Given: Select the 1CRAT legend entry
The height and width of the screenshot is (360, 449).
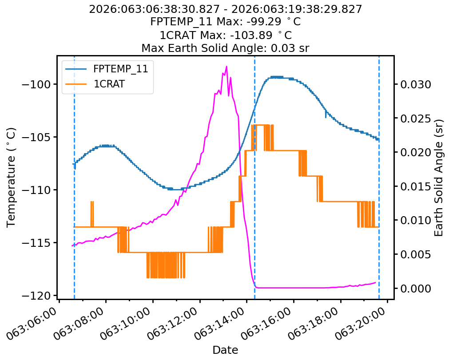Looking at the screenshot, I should click(109, 84).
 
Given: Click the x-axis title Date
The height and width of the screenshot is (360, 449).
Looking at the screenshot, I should click(225, 350).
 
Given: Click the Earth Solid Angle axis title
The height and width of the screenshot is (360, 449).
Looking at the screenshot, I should click(439, 178).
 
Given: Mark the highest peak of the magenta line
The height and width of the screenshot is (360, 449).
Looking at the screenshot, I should click(226, 67).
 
